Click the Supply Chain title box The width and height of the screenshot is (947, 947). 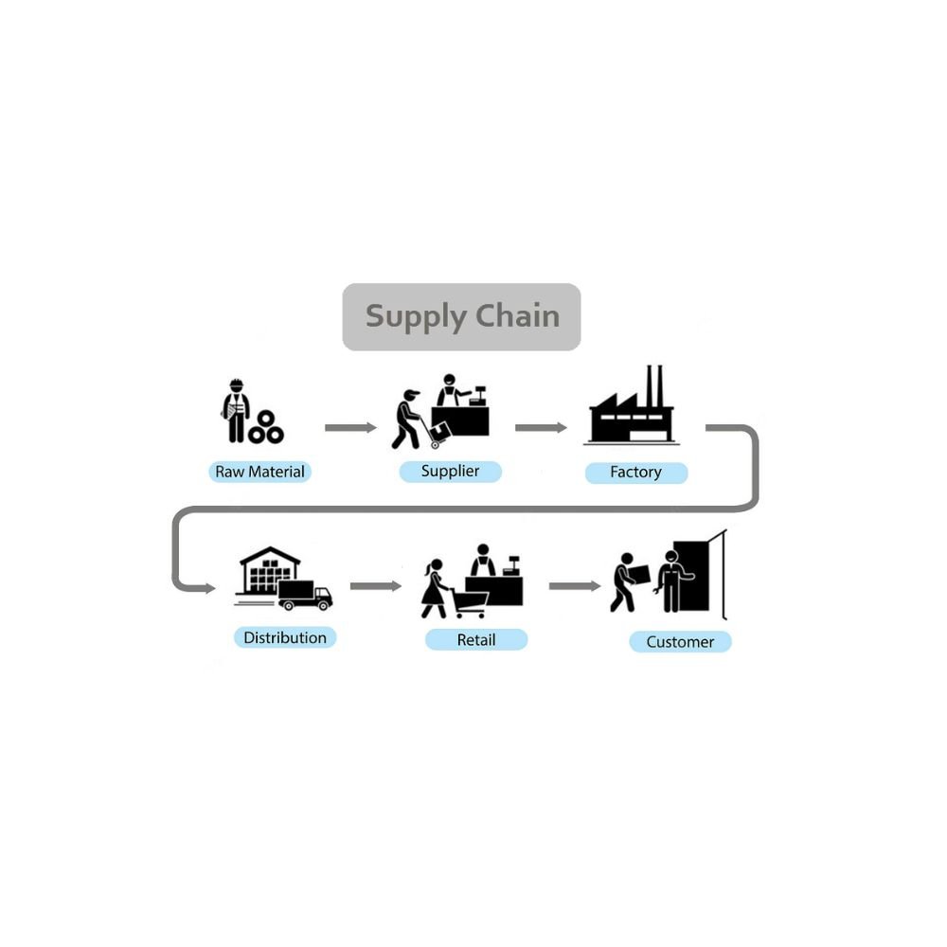coord(461,316)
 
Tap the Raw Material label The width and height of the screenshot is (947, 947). coord(259,472)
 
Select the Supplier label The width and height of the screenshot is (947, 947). coord(450,471)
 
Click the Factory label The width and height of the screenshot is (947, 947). coord(635,472)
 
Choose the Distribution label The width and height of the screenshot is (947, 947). coord(284,637)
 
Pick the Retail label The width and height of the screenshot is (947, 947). coord(475,640)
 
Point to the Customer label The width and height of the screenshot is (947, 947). coord(680,642)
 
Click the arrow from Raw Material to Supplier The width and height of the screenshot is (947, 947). coord(350,428)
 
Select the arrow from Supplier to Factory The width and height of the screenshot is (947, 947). coord(541,428)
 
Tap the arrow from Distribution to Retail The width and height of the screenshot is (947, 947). coord(375,586)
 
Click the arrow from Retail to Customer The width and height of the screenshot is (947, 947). coord(574,586)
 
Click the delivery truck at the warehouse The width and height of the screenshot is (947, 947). coord(305,595)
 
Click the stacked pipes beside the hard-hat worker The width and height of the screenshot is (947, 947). coord(265,428)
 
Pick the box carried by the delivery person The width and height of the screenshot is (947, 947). coord(639,574)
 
